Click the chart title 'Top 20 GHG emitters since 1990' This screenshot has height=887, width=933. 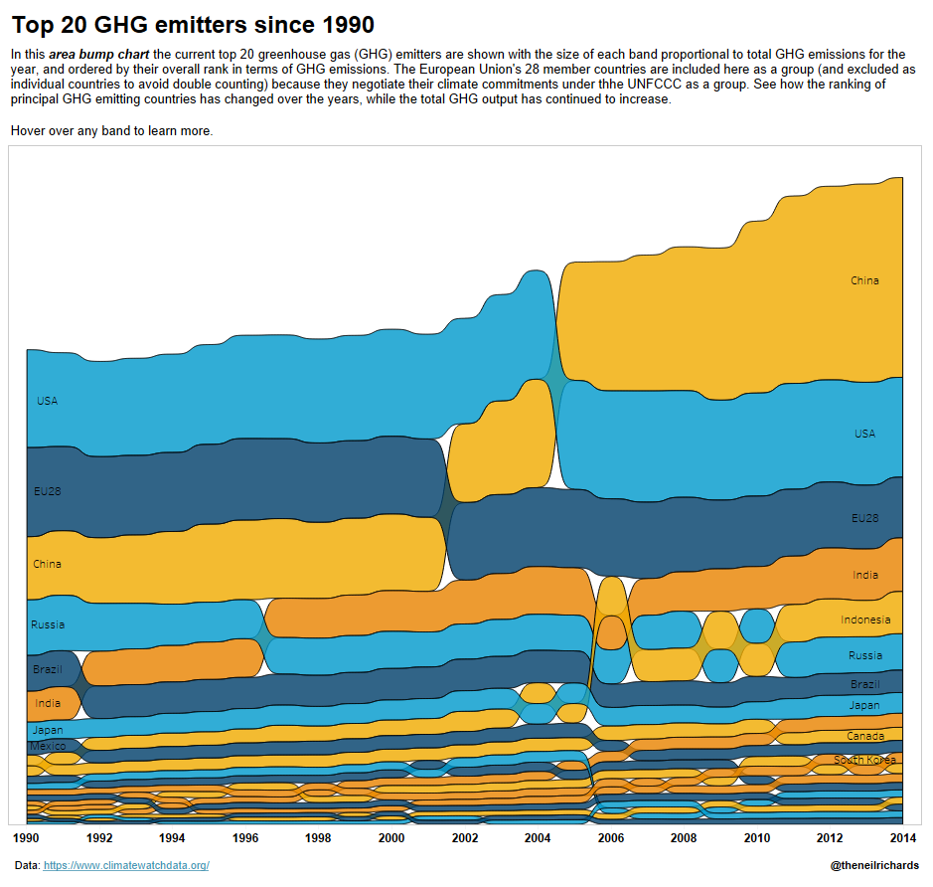point(193,24)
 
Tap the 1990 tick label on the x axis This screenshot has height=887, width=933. point(27,838)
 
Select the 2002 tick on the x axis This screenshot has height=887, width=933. point(464,838)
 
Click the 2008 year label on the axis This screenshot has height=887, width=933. point(684,838)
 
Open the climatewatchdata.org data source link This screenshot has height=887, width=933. point(126,866)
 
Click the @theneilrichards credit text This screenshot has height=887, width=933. point(874,866)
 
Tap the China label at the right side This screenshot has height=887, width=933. point(864,280)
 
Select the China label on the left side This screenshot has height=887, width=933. point(47,564)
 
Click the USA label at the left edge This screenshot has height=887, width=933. point(47,401)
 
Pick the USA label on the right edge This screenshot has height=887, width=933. point(864,434)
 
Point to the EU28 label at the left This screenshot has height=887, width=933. point(47,490)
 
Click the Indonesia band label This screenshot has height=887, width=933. point(864,620)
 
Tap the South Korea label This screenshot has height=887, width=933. point(863,761)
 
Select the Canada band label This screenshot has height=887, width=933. point(864,736)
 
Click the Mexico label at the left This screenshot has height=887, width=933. point(47,746)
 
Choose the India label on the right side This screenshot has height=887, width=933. point(864,575)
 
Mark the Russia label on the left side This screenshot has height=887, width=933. point(48,624)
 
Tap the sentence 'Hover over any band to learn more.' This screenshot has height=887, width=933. point(111,131)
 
